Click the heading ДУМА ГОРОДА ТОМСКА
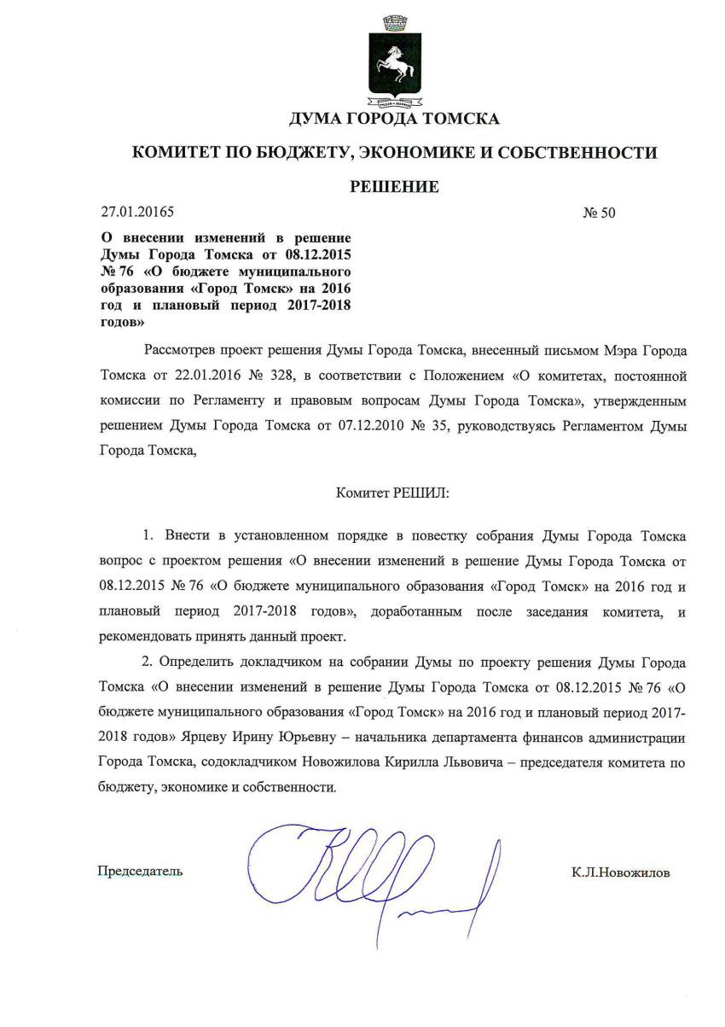point(394,119)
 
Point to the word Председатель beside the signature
point(140,872)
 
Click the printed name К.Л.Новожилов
point(621,872)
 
